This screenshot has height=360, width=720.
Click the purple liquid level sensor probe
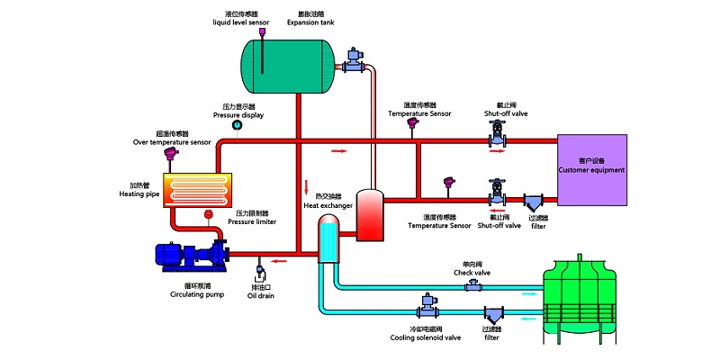click(262, 33)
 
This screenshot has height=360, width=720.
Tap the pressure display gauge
click(238, 125)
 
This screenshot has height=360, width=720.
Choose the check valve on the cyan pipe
click(472, 285)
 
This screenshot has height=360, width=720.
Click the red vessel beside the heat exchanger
click(370, 214)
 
